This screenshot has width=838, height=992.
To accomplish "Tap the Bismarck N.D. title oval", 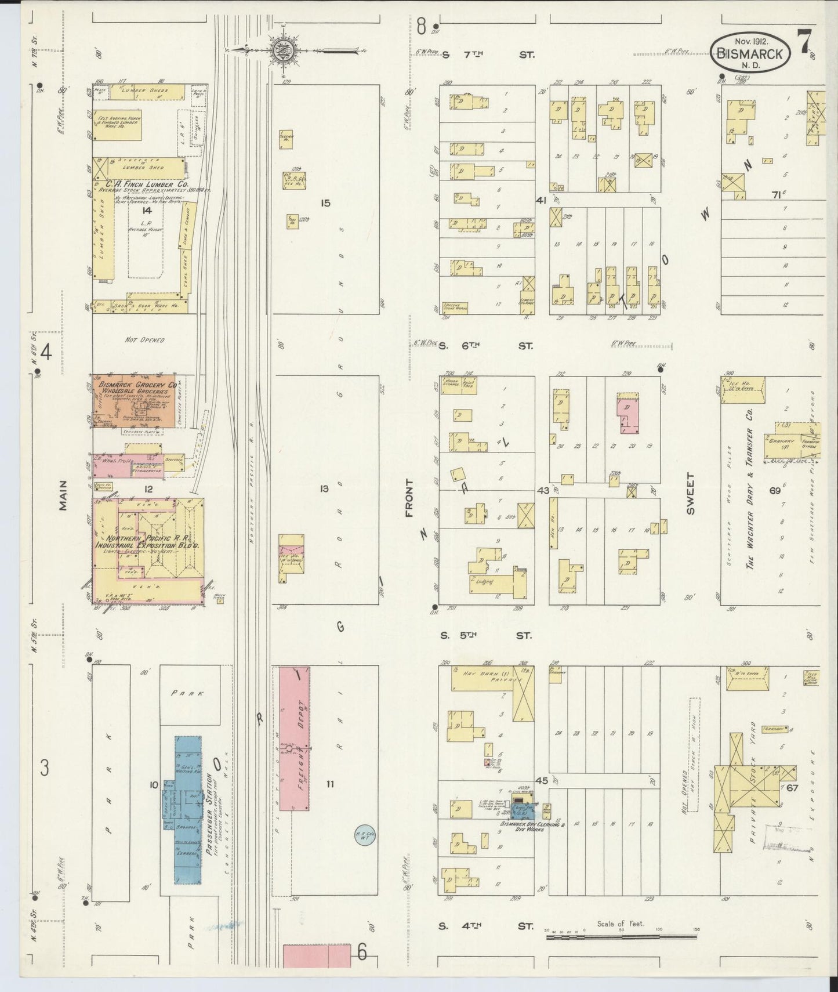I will point(752,53).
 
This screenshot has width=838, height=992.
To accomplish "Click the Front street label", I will point(409,498).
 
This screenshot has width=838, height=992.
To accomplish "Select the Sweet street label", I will point(690,494).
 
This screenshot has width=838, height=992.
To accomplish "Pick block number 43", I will point(543,491).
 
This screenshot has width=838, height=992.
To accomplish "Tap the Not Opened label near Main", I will point(144,340).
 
